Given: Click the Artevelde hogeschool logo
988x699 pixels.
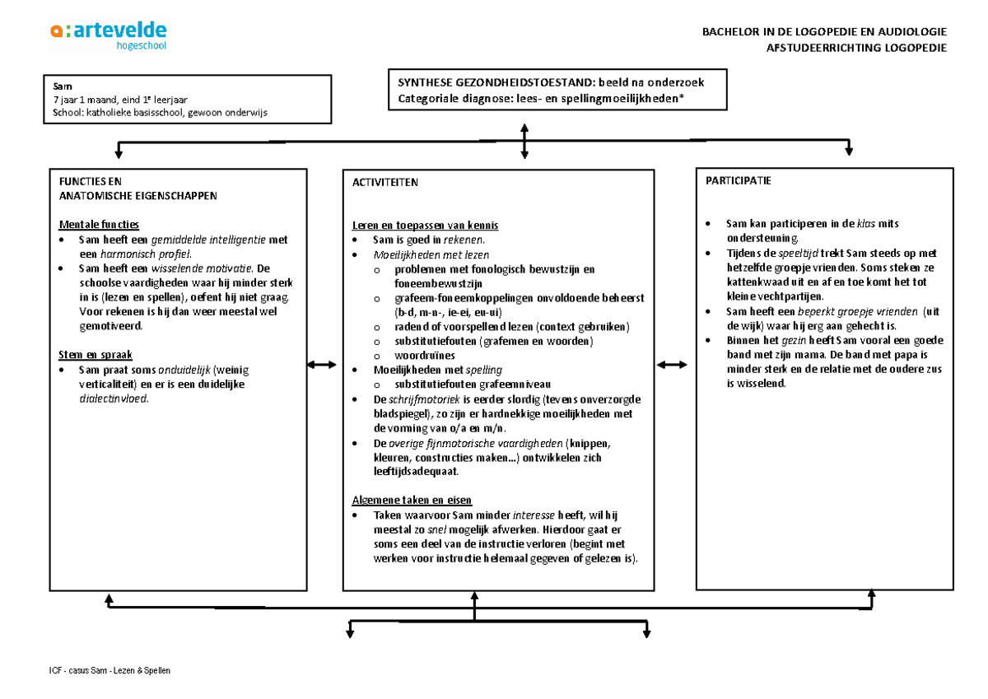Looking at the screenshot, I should pos(108,35).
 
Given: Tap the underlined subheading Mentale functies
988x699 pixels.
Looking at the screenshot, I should pos(99,225).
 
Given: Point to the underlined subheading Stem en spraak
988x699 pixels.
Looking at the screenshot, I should pos(93,355).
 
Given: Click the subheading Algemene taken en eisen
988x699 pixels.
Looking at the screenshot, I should pos(412,500).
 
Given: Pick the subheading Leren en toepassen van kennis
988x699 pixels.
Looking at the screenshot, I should pos(425,226).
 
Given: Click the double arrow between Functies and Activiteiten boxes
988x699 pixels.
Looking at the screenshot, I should pos(321,365).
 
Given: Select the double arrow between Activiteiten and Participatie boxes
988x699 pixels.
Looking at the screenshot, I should pos(671,365).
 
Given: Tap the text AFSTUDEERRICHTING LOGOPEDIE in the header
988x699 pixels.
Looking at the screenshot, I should pos(856,48).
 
